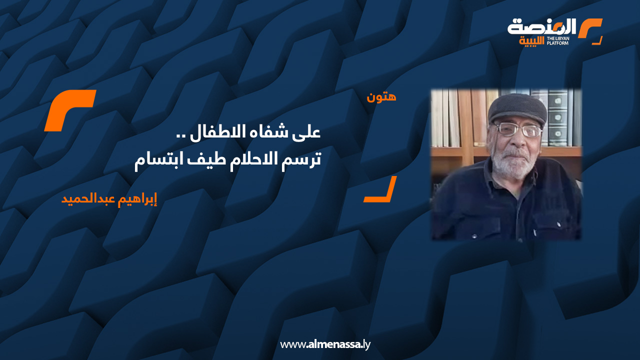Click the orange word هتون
381,96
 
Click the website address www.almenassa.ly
325,344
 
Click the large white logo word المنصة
542,26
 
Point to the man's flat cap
517,106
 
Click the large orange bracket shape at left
70,110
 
